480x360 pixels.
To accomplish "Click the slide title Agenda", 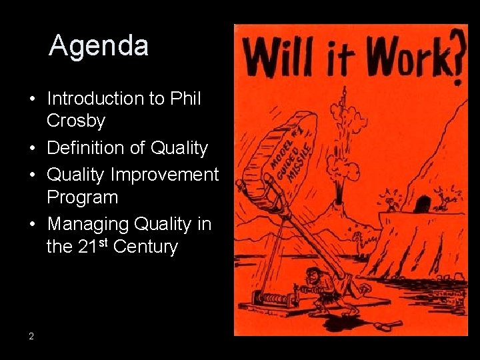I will tap(99, 46).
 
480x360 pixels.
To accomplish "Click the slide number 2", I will tap(31, 336).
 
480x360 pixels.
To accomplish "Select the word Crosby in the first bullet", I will tap(76, 121).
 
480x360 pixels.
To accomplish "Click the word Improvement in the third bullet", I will tap(165, 174).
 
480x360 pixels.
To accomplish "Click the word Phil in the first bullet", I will tap(185, 98).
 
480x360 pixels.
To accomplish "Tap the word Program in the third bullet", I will tap(82, 197).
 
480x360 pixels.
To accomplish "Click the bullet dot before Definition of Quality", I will tap(31, 148).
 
